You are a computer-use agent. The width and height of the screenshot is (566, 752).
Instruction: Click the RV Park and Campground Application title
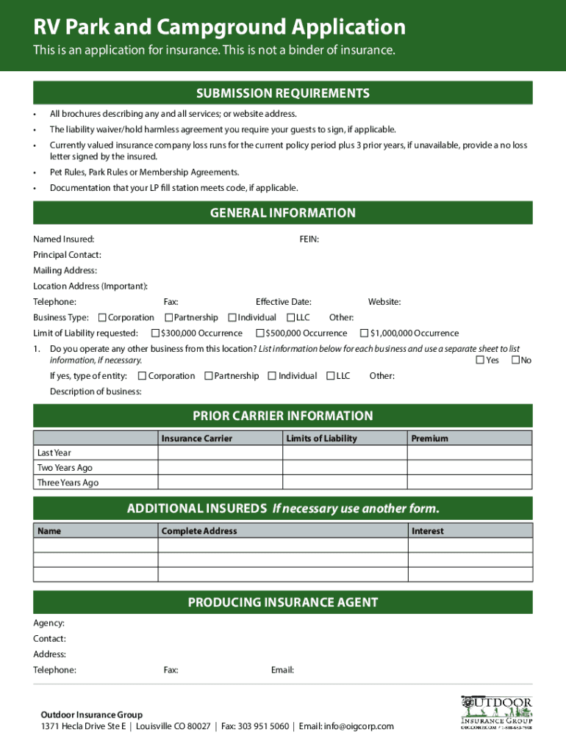(x=219, y=27)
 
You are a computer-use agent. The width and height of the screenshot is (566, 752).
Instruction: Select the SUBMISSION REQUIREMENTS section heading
(x=282, y=93)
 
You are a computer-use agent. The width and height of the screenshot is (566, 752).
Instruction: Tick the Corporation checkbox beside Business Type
(x=102, y=318)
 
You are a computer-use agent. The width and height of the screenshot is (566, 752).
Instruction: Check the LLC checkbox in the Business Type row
(x=290, y=318)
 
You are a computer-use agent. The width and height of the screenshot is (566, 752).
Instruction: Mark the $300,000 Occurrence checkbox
(x=155, y=333)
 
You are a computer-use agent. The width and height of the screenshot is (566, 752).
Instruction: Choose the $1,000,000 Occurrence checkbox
(x=364, y=333)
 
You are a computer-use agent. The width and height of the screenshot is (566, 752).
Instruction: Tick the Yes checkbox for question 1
(x=480, y=360)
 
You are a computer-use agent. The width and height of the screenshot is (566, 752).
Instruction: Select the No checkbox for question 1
(x=515, y=360)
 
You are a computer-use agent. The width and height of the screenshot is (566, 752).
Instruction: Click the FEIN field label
(x=309, y=239)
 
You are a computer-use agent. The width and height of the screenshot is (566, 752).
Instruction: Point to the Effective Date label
(x=283, y=302)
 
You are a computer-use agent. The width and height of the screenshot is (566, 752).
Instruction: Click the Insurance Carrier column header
(x=196, y=438)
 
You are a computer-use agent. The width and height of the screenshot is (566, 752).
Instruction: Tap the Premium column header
(x=429, y=438)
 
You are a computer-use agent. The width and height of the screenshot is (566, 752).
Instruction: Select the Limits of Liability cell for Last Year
(x=345, y=453)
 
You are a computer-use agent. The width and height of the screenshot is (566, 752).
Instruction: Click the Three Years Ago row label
(x=68, y=482)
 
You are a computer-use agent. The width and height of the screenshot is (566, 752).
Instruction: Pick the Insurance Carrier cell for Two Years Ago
(x=220, y=468)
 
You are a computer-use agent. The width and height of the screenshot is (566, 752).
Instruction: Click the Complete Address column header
(x=198, y=531)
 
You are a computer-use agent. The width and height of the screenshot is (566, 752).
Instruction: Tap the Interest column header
(x=427, y=531)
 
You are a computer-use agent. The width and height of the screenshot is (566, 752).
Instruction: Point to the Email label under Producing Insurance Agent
(x=282, y=670)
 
